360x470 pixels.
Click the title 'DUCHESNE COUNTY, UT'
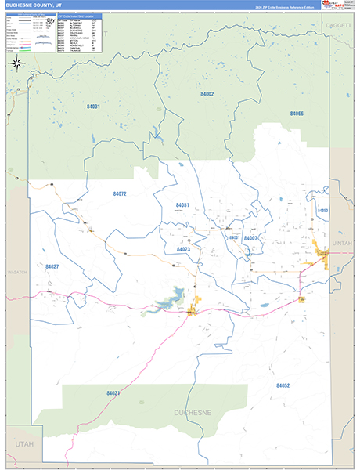tap(33, 5)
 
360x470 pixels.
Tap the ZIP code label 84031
tap(92, 107)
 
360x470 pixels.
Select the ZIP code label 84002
tap(207, 94)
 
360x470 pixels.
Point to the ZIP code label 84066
tap(296, 114)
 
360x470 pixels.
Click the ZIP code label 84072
tap(119, 193)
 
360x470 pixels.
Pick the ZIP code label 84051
tap(182, 205)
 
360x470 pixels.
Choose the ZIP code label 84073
tap(183, 249)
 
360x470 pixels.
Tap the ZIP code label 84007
tap(250, 238)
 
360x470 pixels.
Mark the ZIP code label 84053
tap(322, 211)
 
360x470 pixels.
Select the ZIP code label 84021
tap(113, 392)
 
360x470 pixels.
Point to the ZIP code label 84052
tap(283, 385)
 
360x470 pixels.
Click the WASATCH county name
tap(17, 272)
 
